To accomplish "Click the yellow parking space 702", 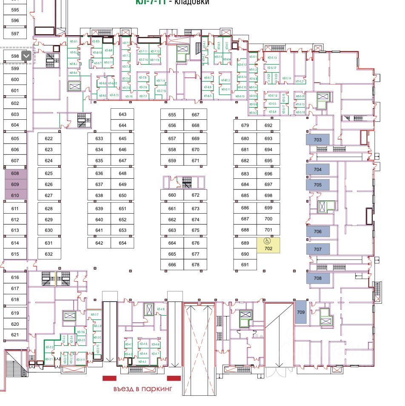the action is [x=268, y=248].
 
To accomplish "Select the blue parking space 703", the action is [x=318, y=140].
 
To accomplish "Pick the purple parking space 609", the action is [x=15, y=184].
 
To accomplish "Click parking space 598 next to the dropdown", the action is [x=15, y=56].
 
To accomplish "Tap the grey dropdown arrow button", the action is [x=27, y=56].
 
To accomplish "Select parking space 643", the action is [x=123, y=115].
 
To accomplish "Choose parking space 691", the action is [x=245, y=265].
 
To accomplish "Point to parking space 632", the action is [x=48, y=254].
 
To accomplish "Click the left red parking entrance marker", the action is [x=109, y=378].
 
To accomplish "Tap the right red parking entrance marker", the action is [x=174, y=378].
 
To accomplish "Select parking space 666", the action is [x=172, y=265].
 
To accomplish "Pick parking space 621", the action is [x=15, y=335].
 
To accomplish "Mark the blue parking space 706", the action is [x=318, y=231].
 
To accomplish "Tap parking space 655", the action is [x=172, y=115].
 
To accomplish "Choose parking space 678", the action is [x=195, y=265].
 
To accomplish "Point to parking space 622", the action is [x=48, y=138].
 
